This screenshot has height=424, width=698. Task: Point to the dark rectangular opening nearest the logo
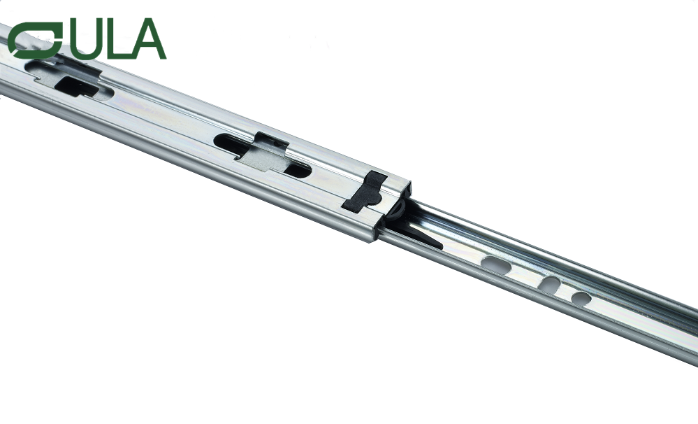(76, 86)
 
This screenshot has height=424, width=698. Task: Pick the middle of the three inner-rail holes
(551, 285)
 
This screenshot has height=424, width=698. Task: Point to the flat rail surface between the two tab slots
(164, 115)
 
